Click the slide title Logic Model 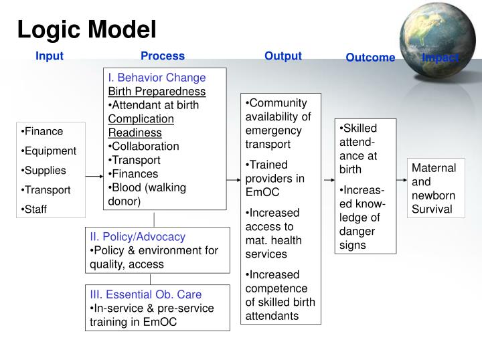coord(86,29)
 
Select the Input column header coord(50,56)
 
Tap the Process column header coord(163,56)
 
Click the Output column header coord(283,56)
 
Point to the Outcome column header coord(370,58)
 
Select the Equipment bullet coord(50,151)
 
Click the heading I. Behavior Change coord(157,78)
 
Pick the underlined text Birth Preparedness coord(157,91)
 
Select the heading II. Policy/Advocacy coord(137,236)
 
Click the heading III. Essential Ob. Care coord(145,294)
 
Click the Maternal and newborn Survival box coord(434,189)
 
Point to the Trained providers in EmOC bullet coord(275,178)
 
